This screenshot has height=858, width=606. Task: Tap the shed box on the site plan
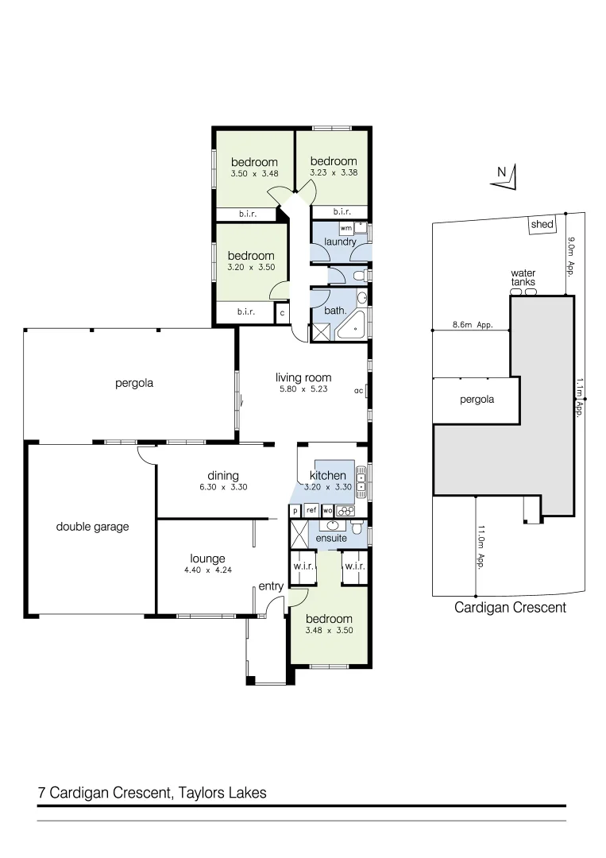[x=542, y=225]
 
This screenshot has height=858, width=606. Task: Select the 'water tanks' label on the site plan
[x=523, y=277]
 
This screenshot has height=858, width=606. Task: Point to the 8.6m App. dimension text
[x=473, y=325]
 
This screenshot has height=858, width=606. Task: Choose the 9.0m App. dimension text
[x=570, y=254]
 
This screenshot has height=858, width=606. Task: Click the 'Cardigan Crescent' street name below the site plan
[x=509, y=608]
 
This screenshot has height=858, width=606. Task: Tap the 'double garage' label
[x=92, y=526]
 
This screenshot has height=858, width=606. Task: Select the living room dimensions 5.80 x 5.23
[x=303, y=389]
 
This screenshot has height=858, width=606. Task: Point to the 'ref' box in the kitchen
[x=311, y=511]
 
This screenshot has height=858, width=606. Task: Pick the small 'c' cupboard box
[x=281, y=313]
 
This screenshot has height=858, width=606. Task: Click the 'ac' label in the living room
[x=358, y=391]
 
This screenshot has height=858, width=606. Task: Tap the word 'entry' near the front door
[x=271, y=586]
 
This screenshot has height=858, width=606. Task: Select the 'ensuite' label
[x=330, y=539]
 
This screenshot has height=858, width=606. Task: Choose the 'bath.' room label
[x=334, y=311]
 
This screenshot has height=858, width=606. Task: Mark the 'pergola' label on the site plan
[x=477, y=400]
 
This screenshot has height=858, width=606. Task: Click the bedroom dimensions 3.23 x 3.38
[x=333, y=172]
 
